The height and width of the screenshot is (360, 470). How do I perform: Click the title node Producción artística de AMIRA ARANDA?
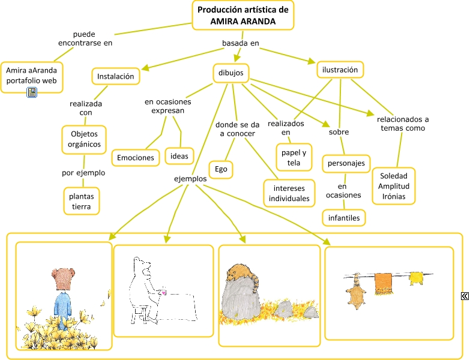243,16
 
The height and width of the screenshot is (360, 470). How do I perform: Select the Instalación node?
116,77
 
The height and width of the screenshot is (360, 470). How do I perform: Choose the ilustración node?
340,70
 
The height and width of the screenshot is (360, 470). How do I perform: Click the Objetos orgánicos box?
84,139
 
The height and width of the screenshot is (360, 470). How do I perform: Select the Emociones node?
136,158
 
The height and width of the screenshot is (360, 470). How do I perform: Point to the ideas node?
179,156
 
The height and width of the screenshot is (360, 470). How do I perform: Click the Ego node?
221,170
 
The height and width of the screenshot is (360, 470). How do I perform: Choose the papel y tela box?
294,158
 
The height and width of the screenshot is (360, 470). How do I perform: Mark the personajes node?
347,163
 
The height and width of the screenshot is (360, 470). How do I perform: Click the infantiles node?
344,218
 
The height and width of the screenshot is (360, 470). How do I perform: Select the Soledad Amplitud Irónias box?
393,186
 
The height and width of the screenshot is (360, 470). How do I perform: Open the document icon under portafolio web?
32,92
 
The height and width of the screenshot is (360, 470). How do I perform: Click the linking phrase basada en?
240,43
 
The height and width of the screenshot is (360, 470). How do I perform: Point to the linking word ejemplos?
190,179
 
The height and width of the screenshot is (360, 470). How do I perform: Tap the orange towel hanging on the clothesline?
384,284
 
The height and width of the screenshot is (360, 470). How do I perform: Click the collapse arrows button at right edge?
465,296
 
